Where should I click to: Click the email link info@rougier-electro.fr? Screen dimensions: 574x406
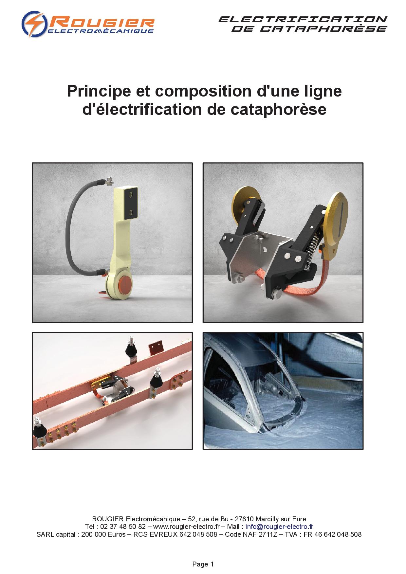pos(279,527)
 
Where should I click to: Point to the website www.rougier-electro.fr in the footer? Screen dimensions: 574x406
pos(186,527)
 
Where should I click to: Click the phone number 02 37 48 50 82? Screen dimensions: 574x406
pos(125,527)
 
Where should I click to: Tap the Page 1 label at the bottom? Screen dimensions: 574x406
pos(203,564)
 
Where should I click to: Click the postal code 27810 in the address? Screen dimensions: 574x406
pos(245,519)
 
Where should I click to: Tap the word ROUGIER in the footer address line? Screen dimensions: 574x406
pos(108,519)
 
